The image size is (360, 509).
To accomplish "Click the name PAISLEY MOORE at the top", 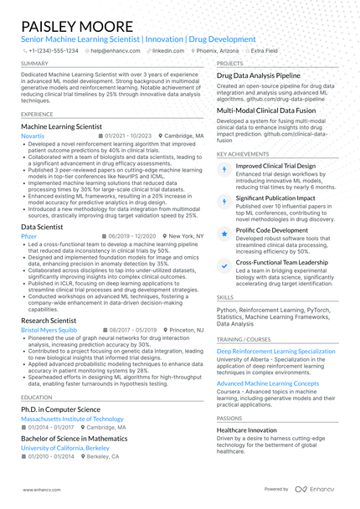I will click(77, 26).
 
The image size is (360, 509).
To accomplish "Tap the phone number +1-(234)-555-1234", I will click(52, 50).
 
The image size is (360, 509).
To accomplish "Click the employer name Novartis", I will click(33, 135).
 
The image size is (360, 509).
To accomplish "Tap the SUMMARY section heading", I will click(34, 64).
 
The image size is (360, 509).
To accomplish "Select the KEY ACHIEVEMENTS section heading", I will click(243, 155).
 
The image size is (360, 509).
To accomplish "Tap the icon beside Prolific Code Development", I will click(223, 234).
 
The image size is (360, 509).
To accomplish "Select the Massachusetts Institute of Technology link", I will click(72, 418).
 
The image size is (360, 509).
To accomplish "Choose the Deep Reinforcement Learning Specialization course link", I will click(275, 352).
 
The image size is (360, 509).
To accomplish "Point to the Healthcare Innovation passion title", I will click(252, 429).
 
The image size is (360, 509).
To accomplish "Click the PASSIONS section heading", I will click(229, 418).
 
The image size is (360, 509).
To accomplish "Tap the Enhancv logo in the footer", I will click(318, 489).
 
